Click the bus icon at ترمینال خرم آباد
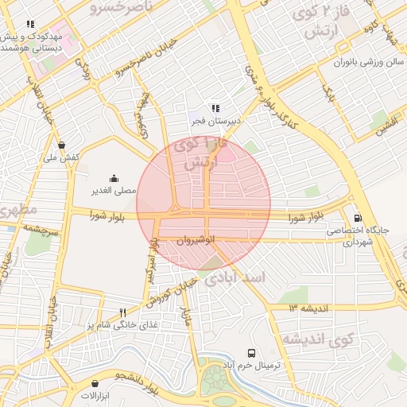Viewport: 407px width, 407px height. [x=252, y=352]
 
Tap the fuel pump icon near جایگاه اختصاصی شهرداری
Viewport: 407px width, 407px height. [x=357, y=218]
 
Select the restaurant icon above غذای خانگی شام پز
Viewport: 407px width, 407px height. [x=122, y=312]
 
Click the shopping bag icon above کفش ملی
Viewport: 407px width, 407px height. [x=62, y=145]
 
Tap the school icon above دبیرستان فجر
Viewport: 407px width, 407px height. [x=215, y=108]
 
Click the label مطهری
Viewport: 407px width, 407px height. [x=18, y=211]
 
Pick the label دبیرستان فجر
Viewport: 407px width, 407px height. [x=208, y=121]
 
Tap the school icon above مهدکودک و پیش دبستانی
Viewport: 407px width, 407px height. [x=31, y=25]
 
